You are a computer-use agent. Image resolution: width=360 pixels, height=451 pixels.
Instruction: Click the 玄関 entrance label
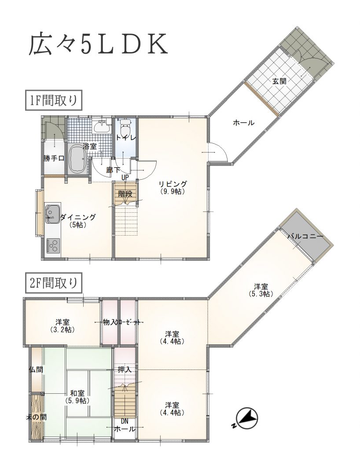tap(279, 81)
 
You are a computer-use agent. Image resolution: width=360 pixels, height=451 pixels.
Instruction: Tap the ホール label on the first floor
tap(244, 123)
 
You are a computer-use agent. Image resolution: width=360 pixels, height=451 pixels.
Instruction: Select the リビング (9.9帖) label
tap(173, 187)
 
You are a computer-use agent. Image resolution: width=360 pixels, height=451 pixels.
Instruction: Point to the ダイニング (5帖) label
tap(78, 221)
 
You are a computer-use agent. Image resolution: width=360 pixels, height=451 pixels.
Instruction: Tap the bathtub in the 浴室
tap(77, 159)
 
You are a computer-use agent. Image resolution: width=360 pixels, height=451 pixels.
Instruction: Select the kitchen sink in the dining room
tap(52, 214)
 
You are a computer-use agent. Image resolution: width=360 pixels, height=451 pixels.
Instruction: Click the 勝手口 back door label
tap(54, 158)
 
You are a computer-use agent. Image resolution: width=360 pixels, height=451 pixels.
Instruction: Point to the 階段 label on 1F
tap(125, 194)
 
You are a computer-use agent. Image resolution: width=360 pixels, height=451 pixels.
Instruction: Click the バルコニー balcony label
tap(305, 237)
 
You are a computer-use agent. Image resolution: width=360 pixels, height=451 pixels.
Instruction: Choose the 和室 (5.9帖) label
tap(77, 397)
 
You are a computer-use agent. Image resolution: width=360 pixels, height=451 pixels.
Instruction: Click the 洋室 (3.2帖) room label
tap(62, 326)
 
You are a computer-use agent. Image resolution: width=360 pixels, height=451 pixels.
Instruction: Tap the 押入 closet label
tap(125, 370)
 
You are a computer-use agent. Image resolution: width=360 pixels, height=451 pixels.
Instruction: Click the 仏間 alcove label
tap(36, 370)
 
